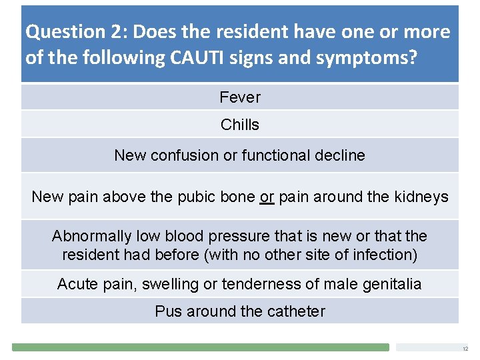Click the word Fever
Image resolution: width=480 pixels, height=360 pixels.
[240, 97]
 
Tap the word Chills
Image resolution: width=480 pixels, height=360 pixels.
[240, 125]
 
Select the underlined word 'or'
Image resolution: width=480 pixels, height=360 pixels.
[267, 197]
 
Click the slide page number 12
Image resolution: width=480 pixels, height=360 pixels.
[465, 349]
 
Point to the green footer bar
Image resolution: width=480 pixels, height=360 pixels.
[200, 347]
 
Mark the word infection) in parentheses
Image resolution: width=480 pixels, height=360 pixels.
[385, 255]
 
